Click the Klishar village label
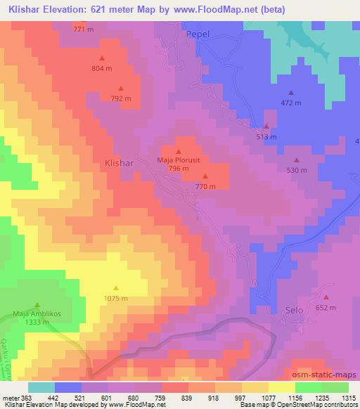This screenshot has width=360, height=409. (x=119, y=162)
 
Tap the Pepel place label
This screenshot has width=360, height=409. (x=198, y=34)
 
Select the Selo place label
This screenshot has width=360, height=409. (x=295, y=310)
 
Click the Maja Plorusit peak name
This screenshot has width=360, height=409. (x=178, y=160)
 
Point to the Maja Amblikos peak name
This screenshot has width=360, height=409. (x=36, y=313)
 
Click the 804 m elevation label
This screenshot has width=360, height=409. (x=102, y=68)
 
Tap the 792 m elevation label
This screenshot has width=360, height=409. (x=122, y=98)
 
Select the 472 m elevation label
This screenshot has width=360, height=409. (x=291, y=103)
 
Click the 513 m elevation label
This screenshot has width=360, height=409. (x=266, y=137)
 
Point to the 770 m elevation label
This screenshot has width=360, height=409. (x=205, y=186)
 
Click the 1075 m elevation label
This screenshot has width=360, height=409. (x=116, y=298)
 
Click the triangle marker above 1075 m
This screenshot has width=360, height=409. (x=116, y=287)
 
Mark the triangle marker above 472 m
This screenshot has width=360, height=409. (x=291, y=92)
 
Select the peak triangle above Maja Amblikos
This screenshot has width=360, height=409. (x=37, y=304)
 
